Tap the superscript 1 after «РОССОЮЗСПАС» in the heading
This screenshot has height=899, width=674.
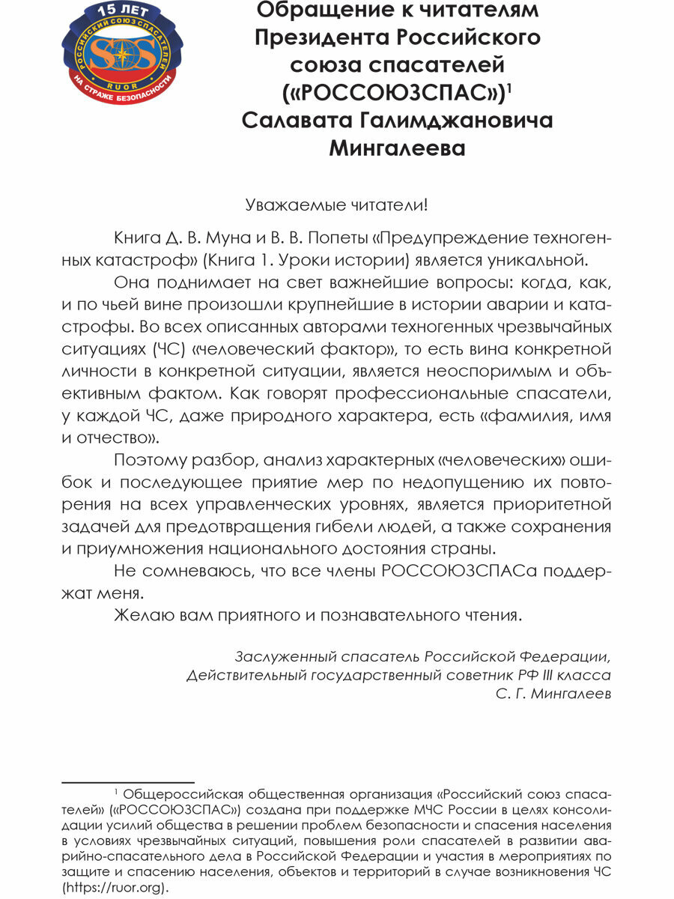pos(509,88)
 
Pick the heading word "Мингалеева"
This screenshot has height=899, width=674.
pos(397,148)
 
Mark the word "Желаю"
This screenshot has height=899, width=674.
pos(142,616)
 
